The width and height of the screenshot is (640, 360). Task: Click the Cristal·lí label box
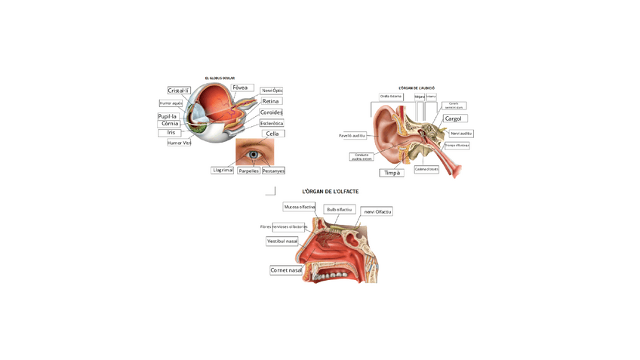click(179, 91)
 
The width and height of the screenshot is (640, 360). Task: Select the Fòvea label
click(242, 88)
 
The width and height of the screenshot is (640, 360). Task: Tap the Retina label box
click(271, 101)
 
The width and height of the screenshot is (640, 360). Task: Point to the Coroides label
click(271, 112)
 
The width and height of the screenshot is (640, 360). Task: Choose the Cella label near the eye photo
click(272, 134)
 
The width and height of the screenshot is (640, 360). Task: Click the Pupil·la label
click(168, 116)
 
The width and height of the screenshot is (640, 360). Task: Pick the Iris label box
click(171, 133)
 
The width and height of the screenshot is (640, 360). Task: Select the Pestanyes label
click(272, 171)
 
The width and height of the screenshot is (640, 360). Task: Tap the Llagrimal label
click(223, 171)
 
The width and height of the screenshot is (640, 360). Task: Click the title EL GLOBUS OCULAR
click(220, 78)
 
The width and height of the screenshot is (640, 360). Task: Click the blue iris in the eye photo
click(254, 155)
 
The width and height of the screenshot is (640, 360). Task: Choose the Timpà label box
click(392, 173)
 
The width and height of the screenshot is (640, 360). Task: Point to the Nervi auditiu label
click(460, 134)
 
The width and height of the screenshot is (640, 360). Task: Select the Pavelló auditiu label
click(352, 136)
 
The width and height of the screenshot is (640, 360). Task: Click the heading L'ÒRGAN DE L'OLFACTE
click(330, 192)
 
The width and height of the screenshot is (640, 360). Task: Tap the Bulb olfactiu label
click(340, 210)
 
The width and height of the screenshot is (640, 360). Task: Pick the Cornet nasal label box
click(286, 270)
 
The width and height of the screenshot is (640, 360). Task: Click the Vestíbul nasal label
click(282, 242)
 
